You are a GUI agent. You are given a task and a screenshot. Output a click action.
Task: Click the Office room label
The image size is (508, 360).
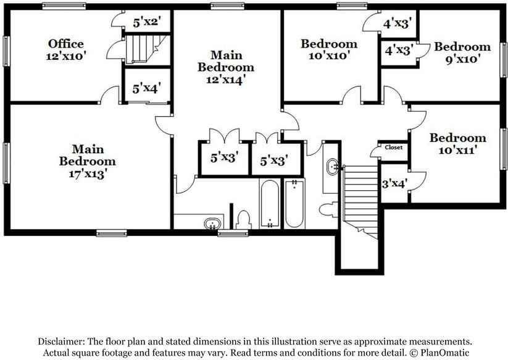(x=66, y=44)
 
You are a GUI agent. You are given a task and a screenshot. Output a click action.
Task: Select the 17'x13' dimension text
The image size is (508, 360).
(x=87, y=174)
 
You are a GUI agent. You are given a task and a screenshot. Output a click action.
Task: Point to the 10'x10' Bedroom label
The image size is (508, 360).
(x=328, y=44)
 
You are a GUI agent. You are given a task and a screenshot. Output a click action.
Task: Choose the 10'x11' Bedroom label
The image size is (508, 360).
(x=457, y=138)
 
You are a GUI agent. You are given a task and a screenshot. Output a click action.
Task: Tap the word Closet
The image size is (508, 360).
(x=393, y=148)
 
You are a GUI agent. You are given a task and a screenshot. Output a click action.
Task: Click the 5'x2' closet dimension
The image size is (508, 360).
(x=147, y=23)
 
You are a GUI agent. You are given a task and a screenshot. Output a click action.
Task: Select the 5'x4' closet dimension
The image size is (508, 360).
(x=147, y=88)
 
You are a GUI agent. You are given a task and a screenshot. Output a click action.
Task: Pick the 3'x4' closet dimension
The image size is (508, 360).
(x=394, y=183)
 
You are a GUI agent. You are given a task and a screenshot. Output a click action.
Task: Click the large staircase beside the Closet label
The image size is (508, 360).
(x=360, y=198)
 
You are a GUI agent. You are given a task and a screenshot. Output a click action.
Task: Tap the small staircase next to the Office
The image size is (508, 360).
(x=146, y=48)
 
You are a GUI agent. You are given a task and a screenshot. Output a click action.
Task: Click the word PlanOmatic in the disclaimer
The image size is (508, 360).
(x=443, y=353)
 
